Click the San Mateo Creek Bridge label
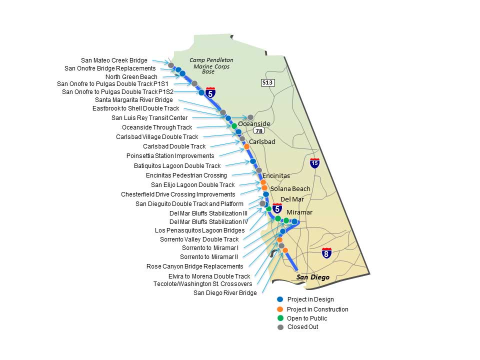click(x=114, y=60)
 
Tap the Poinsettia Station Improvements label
click(x=170, y=156)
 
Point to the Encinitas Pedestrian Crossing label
click(x=186, y=175)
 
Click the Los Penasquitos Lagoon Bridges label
click(x=199, y=230)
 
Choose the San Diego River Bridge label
click(x=225, y=293)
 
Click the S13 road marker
click(x=267, y=82)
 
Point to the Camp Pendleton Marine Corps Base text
click(x=211, y=65)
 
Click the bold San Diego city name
click(x=312, y=277)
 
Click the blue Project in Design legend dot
click(x=280, y=299)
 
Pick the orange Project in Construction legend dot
click(x=280, y=309)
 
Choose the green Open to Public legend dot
click(x=280, y=318)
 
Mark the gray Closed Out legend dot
click(x=280, y=327)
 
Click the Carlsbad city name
click(x=262, y=142)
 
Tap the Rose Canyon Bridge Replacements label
click(x=194, y=266)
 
